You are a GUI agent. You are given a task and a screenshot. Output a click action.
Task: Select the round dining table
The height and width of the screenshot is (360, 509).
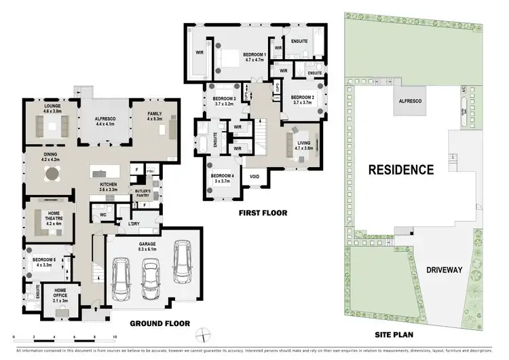click(x=52, y=173)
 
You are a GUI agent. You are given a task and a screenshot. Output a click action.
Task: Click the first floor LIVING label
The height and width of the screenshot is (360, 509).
click(x=303, y=143)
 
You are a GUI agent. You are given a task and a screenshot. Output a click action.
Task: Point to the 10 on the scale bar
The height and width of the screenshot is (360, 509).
click(x=115, y=337)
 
